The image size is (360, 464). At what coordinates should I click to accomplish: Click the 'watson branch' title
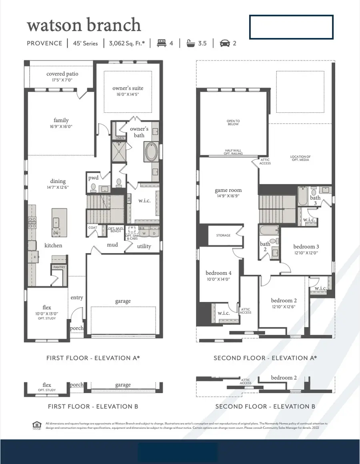[84, 25]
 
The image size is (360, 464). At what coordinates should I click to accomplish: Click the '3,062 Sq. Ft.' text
[126, 43]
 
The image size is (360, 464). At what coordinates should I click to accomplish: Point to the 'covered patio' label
[62, 74]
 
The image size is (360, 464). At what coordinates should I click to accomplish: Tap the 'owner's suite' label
[128, 88]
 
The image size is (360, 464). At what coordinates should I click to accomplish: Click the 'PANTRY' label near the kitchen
[58, 267]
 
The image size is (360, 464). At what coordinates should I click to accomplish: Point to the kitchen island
[57, 222]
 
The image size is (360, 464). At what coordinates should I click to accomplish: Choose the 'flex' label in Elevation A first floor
[47, 307]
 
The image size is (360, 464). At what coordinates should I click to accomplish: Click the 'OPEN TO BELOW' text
[233, 122]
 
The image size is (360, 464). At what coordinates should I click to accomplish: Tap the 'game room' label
[228, 190]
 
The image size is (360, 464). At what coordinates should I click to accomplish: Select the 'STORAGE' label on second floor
[223, 235]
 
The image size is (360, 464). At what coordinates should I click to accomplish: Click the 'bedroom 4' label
[218, 273]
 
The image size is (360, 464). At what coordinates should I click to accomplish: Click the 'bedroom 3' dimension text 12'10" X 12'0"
[306, 253]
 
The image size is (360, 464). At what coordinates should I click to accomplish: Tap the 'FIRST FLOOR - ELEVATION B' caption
[93, 406]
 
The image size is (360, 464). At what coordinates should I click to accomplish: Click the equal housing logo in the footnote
[36, 425]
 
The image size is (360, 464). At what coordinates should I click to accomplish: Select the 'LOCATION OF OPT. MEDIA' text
[300, 158]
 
